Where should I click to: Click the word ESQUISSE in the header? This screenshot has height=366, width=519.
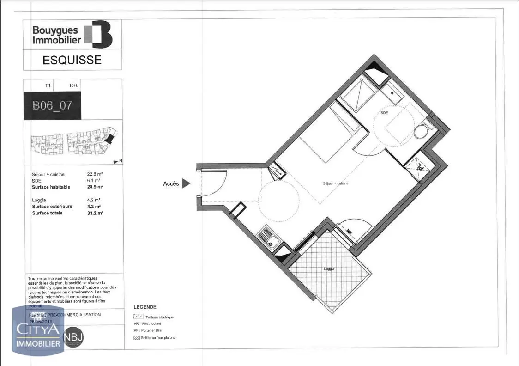(72, 60)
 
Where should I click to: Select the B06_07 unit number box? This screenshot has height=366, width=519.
(52, 105)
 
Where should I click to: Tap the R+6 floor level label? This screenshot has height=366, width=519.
(74, 85)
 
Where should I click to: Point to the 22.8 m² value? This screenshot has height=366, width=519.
(94, 174)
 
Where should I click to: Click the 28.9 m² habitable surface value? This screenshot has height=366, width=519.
(95, 187)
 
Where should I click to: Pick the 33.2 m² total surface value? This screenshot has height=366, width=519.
(95, 213)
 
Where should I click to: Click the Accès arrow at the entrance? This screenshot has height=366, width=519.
(186, 184)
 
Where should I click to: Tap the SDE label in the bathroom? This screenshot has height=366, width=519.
(384, 112)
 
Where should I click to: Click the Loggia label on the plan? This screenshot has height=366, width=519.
(329, 268)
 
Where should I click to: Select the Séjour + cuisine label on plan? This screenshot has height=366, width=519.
(335, 183)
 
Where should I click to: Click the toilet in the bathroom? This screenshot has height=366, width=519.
(421, 132)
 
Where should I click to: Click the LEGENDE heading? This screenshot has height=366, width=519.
(145, 307)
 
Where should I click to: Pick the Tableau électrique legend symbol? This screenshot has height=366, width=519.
(138, 317)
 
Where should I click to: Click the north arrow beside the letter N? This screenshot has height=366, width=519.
(115, 161)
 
